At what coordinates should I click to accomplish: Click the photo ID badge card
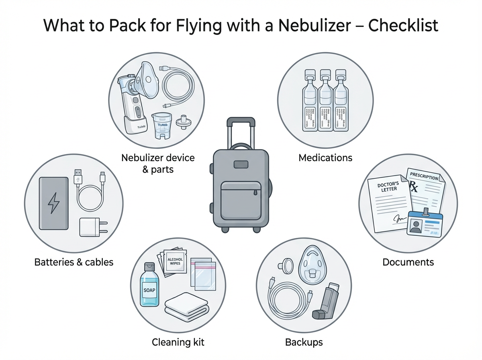tap(424, 223)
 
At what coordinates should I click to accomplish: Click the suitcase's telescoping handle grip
tap(241, 121)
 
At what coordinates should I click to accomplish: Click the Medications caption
tap(325, 157)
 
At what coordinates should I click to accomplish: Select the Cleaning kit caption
tap(178, 342)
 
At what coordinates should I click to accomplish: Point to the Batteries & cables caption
tap(74, 262)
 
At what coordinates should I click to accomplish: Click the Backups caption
tap(304, 342)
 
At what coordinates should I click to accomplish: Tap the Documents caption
tap(408, 262)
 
